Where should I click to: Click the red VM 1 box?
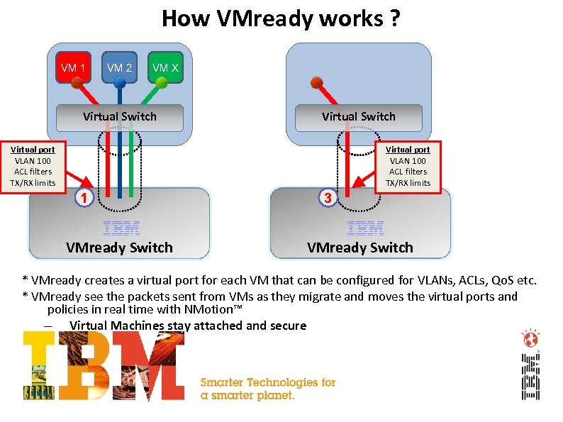pyautogui.click(x=74, y=68)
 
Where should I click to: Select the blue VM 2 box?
pyautogui.click(x=119, y=68)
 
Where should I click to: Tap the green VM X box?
pyautogui.click(x=165, y=68)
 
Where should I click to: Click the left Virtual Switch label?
pyautogui.click(x=120, y=116)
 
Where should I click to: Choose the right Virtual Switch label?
pyautogui.click(x=359, y=116)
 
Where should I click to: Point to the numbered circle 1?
pyautogui.click(x=84, y=197)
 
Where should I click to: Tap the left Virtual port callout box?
pyautogui.click(x=31, y=167)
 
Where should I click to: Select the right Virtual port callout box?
pyautogui.click(x=408, y=167)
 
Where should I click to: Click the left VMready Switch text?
pyautogui.click(x=119, y=248)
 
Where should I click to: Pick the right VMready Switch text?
pyautogui.click(x=359, y=248)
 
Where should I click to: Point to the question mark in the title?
pyautogui.click(x=394, y=18)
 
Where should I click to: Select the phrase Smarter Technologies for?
pyautogui.click(x=268, y=382)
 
